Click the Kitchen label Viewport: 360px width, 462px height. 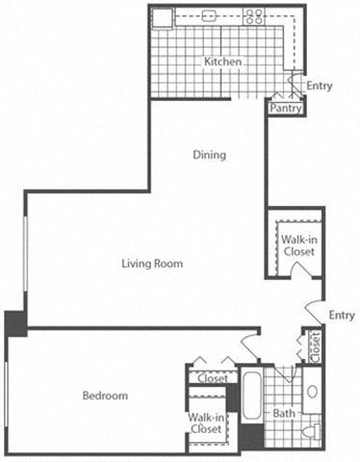(222, 63)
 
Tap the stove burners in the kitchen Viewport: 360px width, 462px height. (254, 16)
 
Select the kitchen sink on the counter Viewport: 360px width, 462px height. (209, 16)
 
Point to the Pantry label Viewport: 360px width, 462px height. (286, 109)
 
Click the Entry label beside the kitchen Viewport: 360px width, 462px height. (320, 87)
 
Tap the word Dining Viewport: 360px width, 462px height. (209, 154)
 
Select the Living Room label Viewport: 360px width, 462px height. (152, 263)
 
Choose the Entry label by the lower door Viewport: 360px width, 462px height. (341, 315)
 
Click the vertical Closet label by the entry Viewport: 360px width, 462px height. (314, 348)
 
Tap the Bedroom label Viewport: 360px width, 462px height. (104, 396)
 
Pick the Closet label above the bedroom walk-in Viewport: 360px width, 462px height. (212, 378)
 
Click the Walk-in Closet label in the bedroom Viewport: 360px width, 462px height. (208, 423)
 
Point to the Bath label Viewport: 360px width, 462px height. (284, 414)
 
